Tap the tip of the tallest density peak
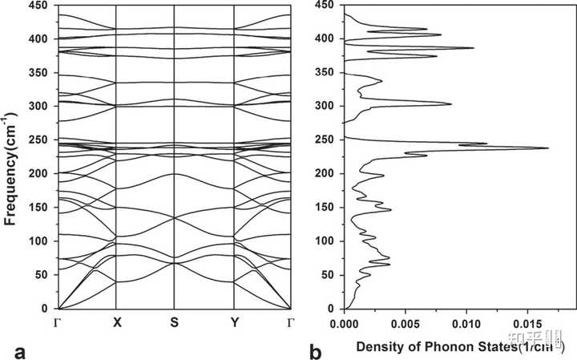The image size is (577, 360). pos(549,148)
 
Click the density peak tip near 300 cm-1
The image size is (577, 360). pos(451,104)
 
